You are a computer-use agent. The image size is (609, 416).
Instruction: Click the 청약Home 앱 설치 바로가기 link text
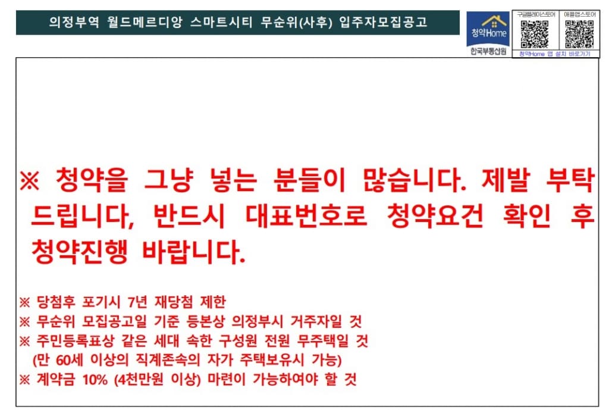point(554,54)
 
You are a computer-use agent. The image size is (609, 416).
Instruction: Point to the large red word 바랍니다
point(194,253)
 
